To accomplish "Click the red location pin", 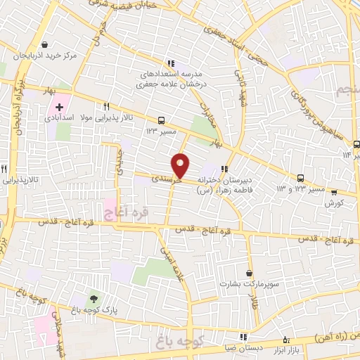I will coord(181,165).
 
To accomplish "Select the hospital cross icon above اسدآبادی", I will coord(59,109).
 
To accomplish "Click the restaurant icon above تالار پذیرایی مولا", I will coord(106,107).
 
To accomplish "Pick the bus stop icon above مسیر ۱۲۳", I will coord(162,120).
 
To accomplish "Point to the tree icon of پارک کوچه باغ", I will coord(93,300).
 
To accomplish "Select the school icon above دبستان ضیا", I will coord(243,337).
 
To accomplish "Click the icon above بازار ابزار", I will coord(285,339).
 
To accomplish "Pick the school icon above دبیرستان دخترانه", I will coord(225,169).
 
